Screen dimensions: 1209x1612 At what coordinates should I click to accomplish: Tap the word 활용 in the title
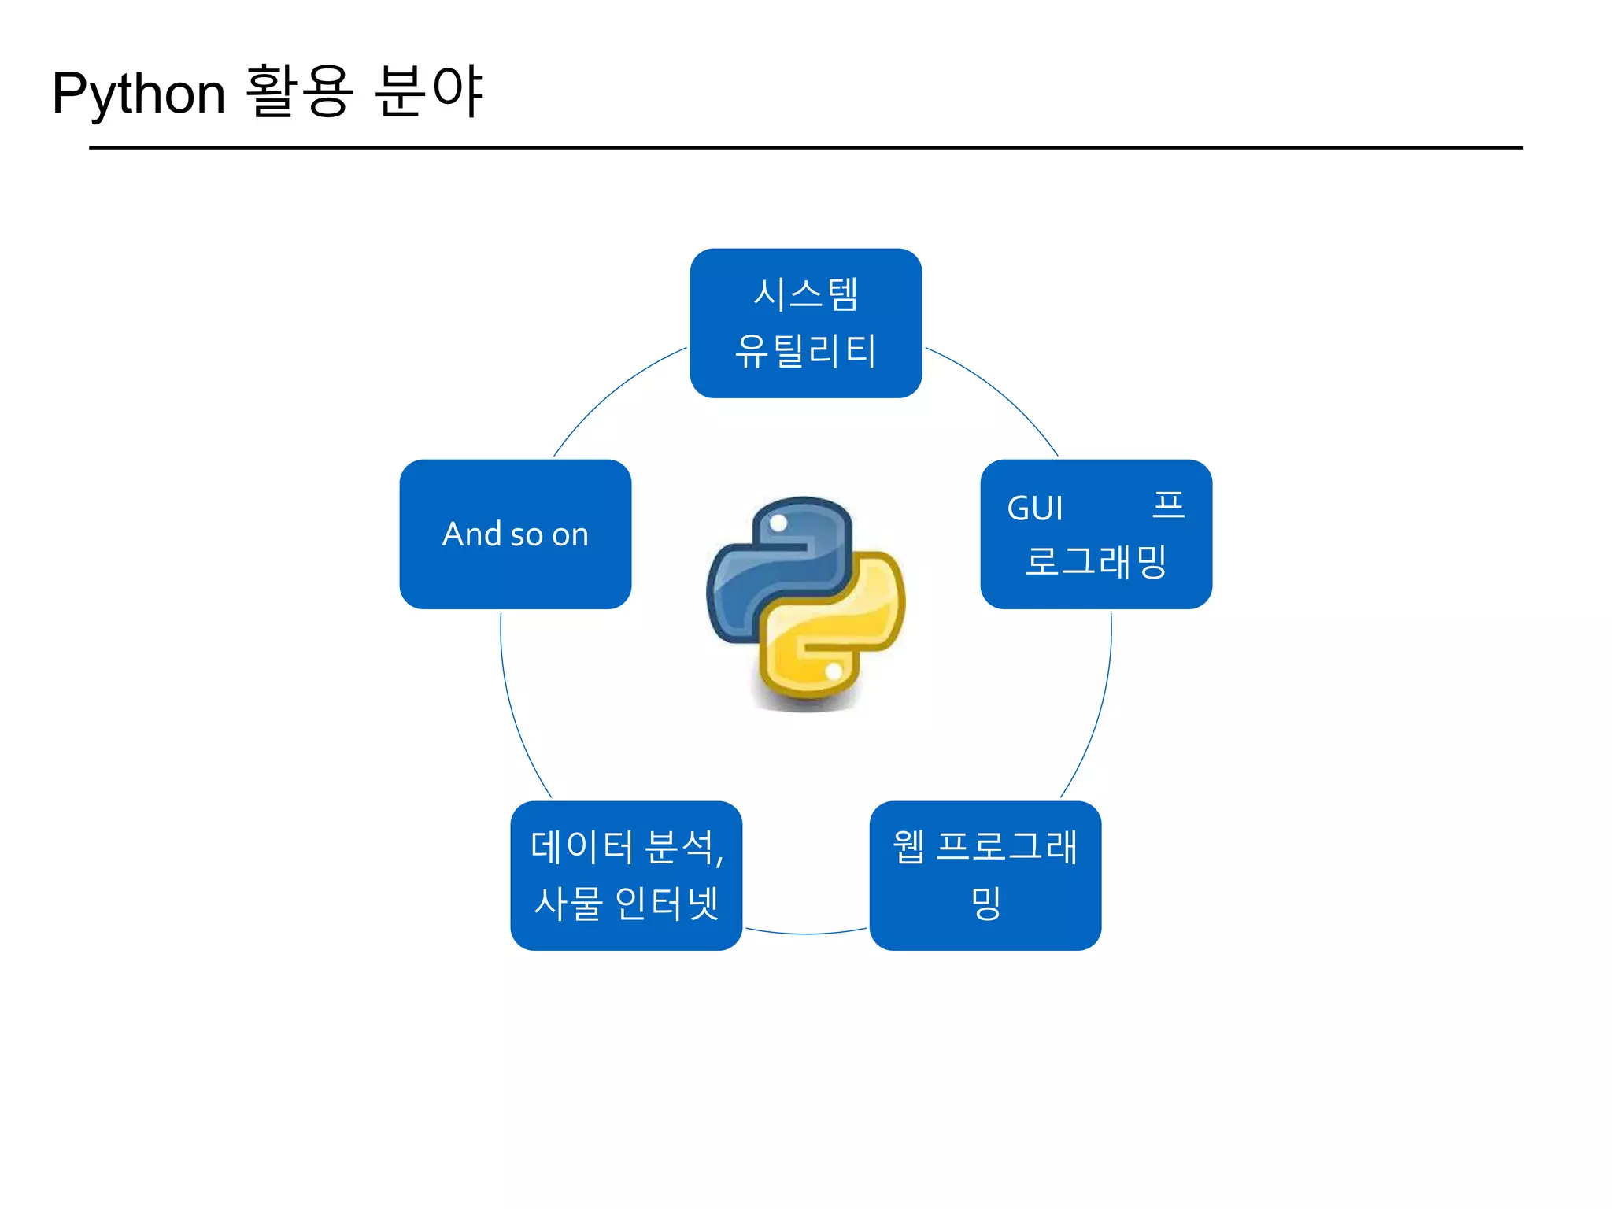click(x=299, y=92)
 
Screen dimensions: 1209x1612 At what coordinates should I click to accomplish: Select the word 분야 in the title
click(x=429, y=92)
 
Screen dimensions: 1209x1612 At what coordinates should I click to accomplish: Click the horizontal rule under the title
click(x=805, y=147)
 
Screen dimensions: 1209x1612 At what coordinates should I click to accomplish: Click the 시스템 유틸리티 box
click(x=805, y=323)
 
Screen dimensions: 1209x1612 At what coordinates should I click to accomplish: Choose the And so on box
click(x=515, y=534)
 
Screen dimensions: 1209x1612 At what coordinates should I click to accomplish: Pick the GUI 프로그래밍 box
click(x=1096, y=534)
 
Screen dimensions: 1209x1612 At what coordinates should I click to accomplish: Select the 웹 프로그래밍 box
click(x=985, y=875)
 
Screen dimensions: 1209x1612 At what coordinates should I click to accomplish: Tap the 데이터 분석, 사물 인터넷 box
click(x=626, y=875)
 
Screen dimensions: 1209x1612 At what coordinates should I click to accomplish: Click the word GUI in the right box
click(x=1035, y=508)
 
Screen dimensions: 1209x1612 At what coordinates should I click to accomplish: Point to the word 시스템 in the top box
click(x=805, y=294)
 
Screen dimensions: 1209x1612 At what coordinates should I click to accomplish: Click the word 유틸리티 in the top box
click(x=805, y=351)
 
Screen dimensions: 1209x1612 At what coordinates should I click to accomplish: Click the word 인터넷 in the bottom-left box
click(x=667, y=904)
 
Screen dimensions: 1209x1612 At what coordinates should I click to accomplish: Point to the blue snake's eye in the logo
click(x=778, y=523)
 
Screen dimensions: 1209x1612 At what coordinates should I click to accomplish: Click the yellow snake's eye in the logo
click(x=834, y=671)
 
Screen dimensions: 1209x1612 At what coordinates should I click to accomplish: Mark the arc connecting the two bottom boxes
click(x=805, y=934)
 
